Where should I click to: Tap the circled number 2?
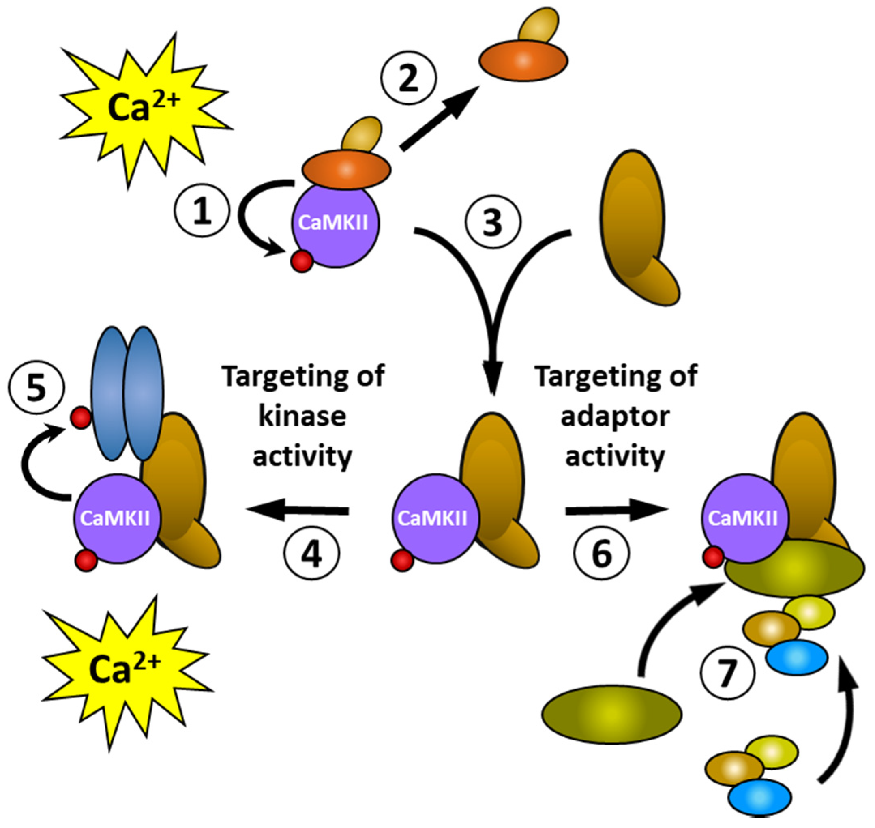click(x=408, y=78)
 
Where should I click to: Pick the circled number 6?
click(x=602, y=553)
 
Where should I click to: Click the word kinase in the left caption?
click(x=302, y=416)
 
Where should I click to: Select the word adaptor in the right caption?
click(x=616, y=416)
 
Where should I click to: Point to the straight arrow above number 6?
click(x=616, y=511)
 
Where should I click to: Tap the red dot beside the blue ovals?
click(x=81, y=418)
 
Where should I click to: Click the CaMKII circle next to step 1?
click(x=335, y=225)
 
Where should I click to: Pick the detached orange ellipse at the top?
click(x=523, y=60)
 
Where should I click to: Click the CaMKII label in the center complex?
click(x=432, y=518)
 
